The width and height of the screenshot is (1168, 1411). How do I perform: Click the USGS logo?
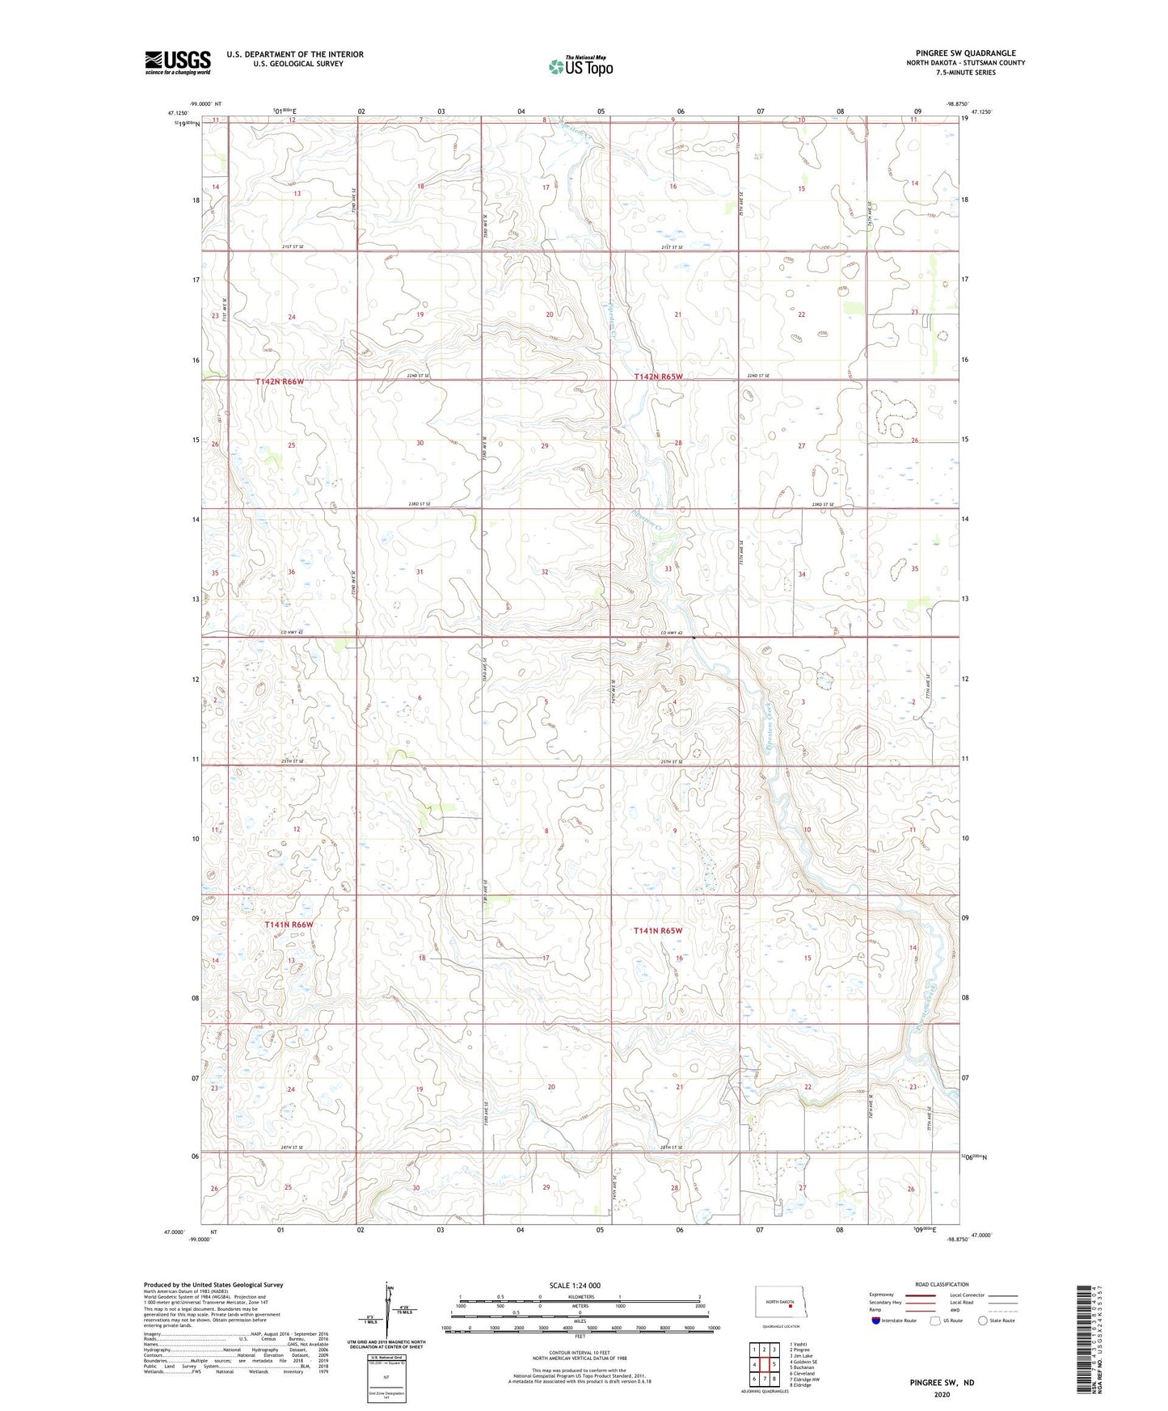(x=177, y=62)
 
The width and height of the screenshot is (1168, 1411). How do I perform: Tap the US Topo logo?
(x=580, y=66)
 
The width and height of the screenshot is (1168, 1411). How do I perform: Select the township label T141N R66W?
(x=289, y=925)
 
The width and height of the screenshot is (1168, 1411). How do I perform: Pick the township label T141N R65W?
(x=658, y=931)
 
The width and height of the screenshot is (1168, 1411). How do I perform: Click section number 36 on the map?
(x=291, y=572)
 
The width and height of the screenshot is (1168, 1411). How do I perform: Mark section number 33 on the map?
(x=668, y=569)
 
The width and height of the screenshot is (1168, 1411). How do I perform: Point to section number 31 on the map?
(x=420, y=572)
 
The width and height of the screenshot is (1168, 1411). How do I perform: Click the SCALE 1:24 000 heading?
(x=575, y=1286)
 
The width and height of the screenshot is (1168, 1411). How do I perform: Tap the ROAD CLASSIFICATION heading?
(x=941, y=1284)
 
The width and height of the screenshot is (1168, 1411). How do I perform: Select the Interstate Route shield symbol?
(x=876, y=1320)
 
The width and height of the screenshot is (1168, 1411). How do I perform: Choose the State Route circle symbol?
(x=983, y=1320)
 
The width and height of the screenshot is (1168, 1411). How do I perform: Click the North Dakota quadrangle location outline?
(x=780, y=1304)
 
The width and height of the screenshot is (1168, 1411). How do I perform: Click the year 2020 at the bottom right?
(x=942, y=1394)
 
